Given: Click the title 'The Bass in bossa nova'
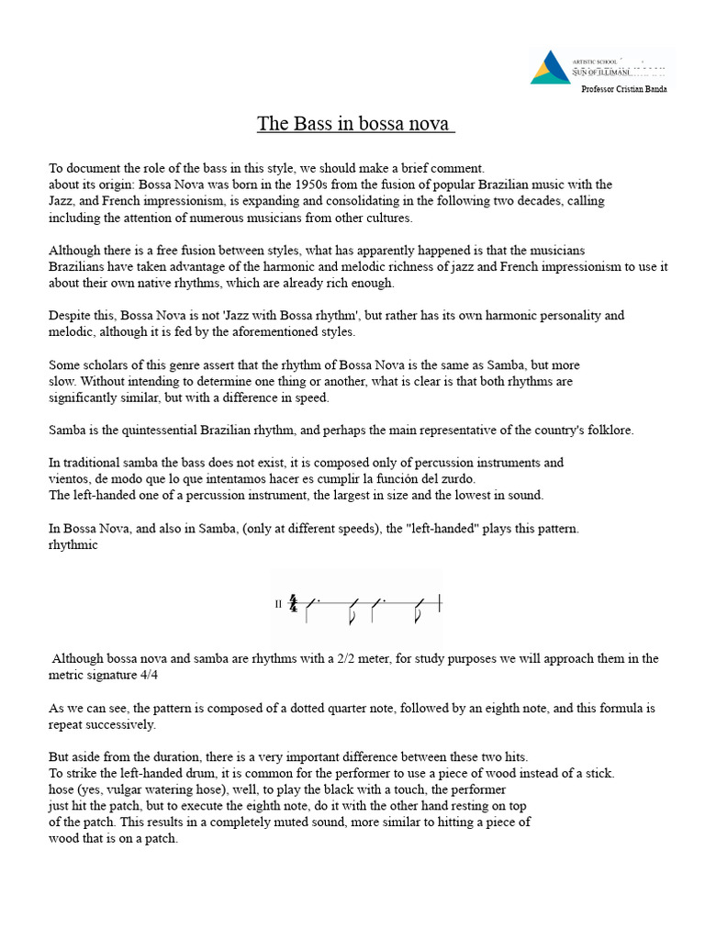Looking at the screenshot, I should click(x=355, y=124).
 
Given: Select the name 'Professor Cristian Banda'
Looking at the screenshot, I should click(x=624, y=89).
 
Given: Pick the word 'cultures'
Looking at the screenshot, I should click(x=387, y=218).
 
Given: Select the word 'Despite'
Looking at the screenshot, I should click(x=69, y=316).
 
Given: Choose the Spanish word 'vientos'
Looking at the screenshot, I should click(x=69, y=479).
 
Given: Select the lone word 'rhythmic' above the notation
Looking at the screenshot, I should click(x=73, y=545).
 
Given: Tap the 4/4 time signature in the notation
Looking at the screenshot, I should click(x=293, y=604).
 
